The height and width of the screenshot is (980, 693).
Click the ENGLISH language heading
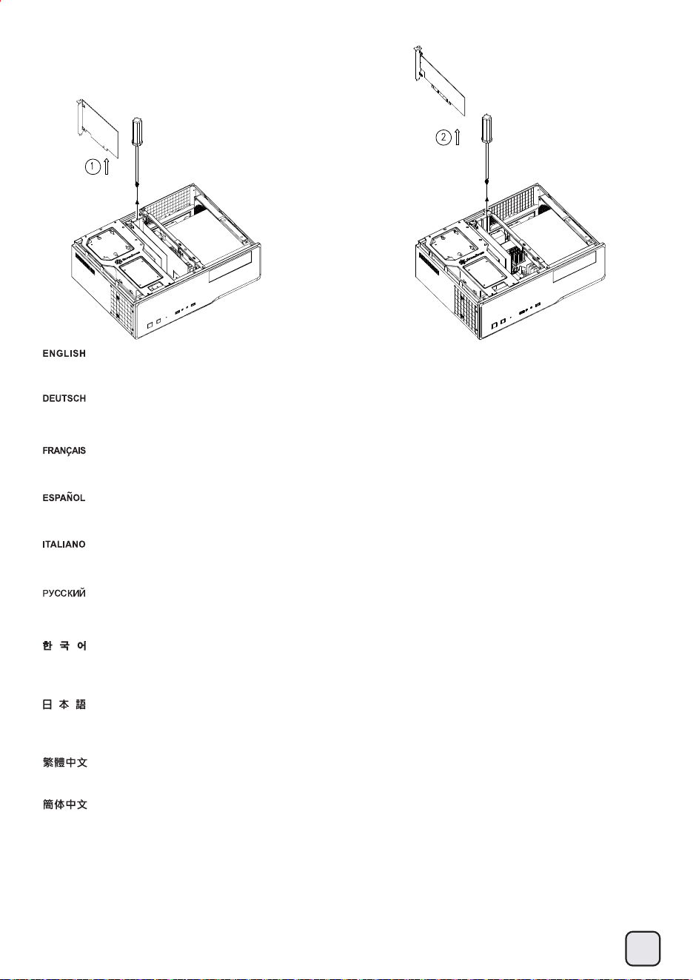click(64, 354)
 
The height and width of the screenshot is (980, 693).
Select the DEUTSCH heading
click(64, 398)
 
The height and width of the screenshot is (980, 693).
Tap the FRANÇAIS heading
click(64, 451)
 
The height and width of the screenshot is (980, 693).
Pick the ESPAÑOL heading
click(64, 497)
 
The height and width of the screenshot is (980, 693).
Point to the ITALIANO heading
click(64, 544)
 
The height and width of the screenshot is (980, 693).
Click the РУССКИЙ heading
click(64, 593)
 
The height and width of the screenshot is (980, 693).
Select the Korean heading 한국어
click(64, 645)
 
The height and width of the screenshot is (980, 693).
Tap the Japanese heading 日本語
click(64, 705)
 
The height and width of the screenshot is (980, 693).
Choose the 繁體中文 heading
click(64, 762)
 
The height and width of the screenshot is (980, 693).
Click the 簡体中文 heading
click(64, 805)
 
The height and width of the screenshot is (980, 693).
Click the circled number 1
click(93, 167)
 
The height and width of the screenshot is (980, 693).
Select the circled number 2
click(443, 138)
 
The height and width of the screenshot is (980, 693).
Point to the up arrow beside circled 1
click(107, 167)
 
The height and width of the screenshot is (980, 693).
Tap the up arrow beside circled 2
click(458, 137)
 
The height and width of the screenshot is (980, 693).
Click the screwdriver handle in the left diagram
click(138, 131)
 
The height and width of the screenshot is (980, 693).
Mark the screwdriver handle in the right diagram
click(486, 129)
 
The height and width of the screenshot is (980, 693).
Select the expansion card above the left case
click(98, 127)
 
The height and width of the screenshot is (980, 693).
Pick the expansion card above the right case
click(439, 80)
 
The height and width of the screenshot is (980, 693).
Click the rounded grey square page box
click(643, 948)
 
